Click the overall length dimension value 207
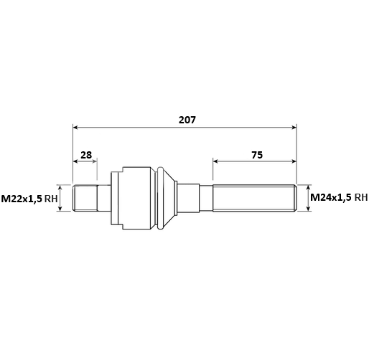pyautogui.click(x=187, y=120)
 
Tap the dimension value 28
pyautogui.click(x=86, y=155)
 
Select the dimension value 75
pyautogui.click(x=257, y=155)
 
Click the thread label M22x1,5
pyautogui.click(x=22, y=199)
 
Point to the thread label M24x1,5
pyautogui.click(x=331, y=197)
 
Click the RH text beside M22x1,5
pyautogui.click(x=51, y=199)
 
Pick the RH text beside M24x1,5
pyautogui.click(x=360, y=197)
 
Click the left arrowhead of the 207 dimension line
pyautogui.click(x=75, y=128)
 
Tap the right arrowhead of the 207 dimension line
pyautogui.click(x=294, y=128)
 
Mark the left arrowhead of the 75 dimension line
pyautogui.click(x=215, y=161)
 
